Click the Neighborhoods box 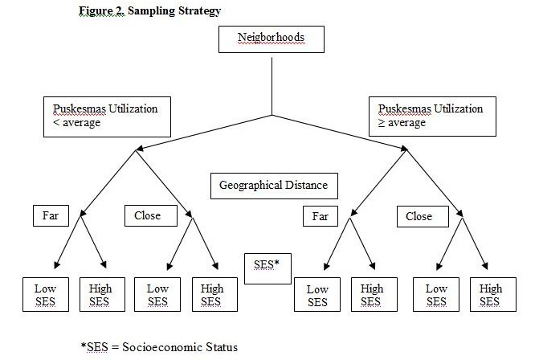click(272, 39)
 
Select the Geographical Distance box click(274, 186)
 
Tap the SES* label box click(267, 268)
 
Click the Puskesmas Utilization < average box click(107, 117)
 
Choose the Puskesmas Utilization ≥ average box click(432, 117)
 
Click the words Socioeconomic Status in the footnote click(180, 347)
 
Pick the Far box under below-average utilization click(51, 215)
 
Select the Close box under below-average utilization click(151, 215)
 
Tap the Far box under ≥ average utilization click(321, 216)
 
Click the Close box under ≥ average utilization click(423, 217)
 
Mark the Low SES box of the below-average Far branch click(46, 295)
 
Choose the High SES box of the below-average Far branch click(102, 295)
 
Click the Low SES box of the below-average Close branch click(157, 295)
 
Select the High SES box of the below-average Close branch click(214, 295)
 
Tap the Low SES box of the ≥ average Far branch click(317, 295)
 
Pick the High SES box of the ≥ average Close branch click(493, 295)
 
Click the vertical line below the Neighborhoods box click(272, 86)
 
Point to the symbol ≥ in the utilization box click(382, 123)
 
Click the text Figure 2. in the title click(102, 11)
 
